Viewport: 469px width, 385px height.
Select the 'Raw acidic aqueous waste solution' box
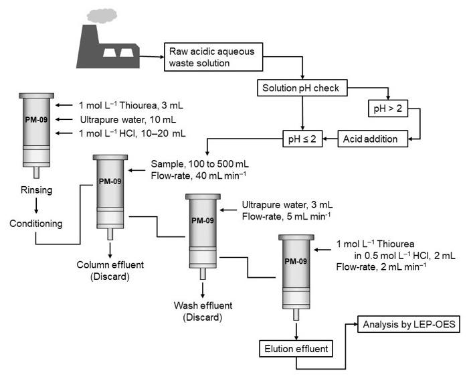[x=209, y=56]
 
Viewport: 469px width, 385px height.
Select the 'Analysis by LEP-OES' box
[x=409, y=326]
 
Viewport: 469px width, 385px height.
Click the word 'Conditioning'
[x=35, y=223]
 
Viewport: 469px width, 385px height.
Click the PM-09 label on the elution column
[x=295, y=262]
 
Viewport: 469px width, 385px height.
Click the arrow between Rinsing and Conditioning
[x=35, y=206]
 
